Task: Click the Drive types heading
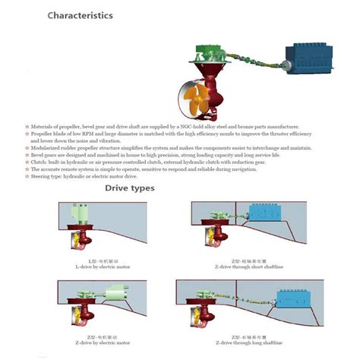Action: [129, 188]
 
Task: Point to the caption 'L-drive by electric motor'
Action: [93, 265]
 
